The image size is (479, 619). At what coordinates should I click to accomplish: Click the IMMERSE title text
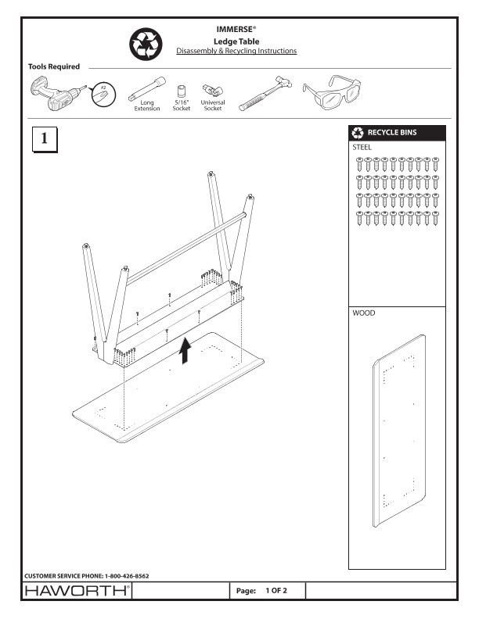[237, 30]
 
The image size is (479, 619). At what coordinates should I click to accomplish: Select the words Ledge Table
[237, 41]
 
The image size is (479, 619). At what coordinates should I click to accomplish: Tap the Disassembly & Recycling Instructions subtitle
[237, 51]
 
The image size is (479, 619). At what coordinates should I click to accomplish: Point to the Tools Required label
[54, 66]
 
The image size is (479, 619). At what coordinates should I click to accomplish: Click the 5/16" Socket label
[181, 105]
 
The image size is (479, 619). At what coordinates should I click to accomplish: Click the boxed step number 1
[44, 139]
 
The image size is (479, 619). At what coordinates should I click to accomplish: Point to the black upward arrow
[185, 351]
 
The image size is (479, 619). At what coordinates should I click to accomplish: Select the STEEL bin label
[362, 146]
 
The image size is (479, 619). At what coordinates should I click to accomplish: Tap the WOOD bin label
[364, 312]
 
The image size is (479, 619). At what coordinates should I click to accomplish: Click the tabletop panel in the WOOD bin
[398, 431]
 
